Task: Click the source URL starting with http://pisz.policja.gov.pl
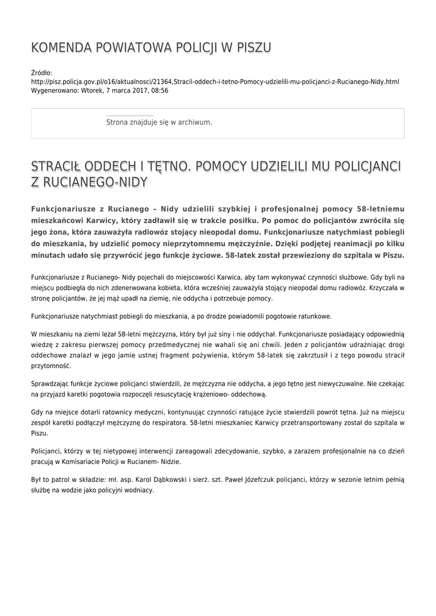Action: point(215,82)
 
